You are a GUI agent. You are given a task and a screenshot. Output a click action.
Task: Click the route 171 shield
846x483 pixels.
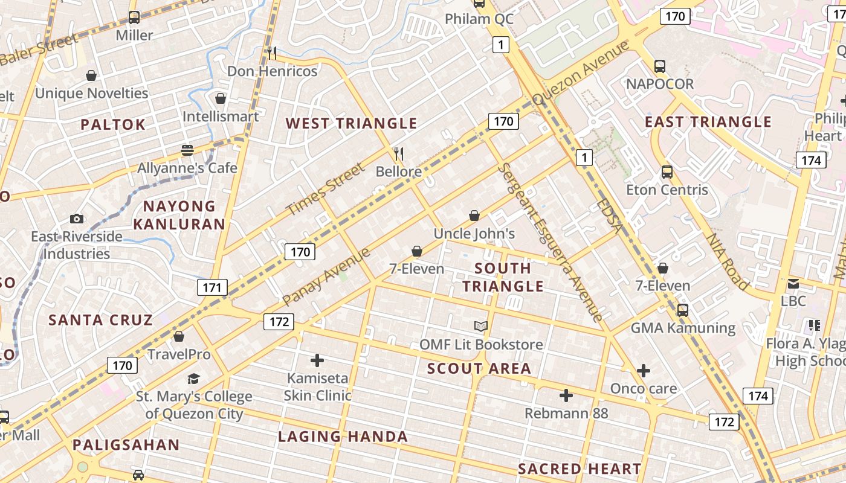pyautogui.click(x=211, y=287)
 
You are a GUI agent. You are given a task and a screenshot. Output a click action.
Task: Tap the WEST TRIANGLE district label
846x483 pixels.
pyautogui.click(x=351, y=124)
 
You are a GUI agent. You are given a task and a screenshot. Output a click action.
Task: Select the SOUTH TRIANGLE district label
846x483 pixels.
pyautogui.click(x=503, y=277)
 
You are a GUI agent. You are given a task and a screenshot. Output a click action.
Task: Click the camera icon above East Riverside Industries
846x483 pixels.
pyautogui.click(x=76, y=219)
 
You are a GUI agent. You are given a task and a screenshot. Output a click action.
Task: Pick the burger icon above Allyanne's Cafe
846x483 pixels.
pyautogui.click(x=187, y=150)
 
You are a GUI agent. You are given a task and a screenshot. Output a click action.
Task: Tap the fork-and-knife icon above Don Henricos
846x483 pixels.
pyautogui.click(x=272, y=53)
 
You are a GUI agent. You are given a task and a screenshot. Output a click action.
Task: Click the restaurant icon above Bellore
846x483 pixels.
pyautogui.click(x=398, y=153)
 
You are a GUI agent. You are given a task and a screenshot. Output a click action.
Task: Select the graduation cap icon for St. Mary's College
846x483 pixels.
pyautogui.click(x=193, y=379)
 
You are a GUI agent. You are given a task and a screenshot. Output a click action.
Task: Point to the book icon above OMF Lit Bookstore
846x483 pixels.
pyautogui.click(x=481, y=327)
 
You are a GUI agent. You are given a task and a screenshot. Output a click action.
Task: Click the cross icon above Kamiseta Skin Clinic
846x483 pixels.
pyautogui.click(x=317, y=361)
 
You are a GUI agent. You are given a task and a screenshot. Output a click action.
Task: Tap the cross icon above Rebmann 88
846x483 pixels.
pyautogui.click(x=566, y=395)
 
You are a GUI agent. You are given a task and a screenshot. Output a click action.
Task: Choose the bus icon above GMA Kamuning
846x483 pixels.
pyautogui.click(x=683, y=310)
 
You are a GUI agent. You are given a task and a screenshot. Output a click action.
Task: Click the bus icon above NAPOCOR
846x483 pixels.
pyautogui.click(x=659, y=66)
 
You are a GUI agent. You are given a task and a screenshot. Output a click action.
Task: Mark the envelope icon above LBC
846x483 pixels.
pyautogui.click(x=793, y=283)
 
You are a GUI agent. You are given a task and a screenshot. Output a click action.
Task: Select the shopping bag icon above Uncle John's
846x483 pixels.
pyautogui.click(x=474, y=216)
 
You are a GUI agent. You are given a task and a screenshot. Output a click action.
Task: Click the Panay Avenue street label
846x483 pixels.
pyautogui.click(x=326, y=277)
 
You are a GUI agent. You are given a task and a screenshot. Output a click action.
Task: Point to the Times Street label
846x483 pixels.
pyautogui.click(x=326, y=190)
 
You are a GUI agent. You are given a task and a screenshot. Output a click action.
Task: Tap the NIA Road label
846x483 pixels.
pyautogui.click(x=728, y=262)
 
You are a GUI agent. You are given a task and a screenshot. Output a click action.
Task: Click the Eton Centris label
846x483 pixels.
pyautogui.click(x=667, y=190)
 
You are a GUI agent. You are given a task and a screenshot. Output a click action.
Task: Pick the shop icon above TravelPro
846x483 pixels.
pyautogui.click(x=179, y=336)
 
